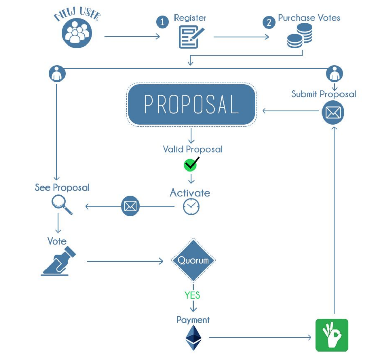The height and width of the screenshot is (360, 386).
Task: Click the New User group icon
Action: point(77,33)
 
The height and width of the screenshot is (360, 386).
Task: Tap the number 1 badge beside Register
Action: point(162,22)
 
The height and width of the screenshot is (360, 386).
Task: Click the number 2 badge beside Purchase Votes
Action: point(269,22)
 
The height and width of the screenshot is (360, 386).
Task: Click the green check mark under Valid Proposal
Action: point(191,164)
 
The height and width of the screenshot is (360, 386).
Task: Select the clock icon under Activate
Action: point(191,206)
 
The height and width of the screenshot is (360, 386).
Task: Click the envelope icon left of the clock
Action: point(130,206)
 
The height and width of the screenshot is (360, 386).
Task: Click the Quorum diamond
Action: point(193,260)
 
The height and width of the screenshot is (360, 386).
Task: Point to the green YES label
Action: point(192,295)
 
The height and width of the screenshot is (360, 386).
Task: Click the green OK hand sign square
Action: point(332,335)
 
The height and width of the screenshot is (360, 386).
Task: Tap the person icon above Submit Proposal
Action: point(334,74)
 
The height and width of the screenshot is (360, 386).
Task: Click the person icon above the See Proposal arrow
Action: point(57,74)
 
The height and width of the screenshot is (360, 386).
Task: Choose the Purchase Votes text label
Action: point(309,18)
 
